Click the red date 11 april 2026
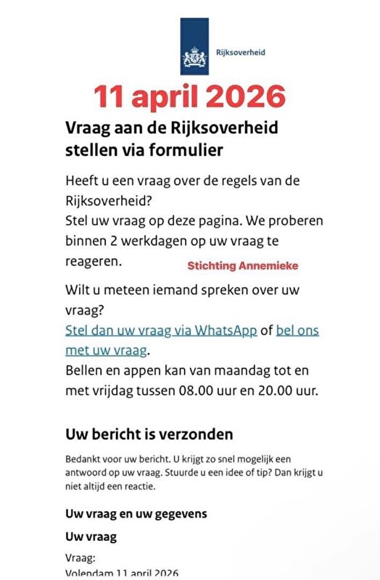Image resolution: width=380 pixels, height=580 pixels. (189, 96)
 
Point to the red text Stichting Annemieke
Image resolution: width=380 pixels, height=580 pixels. (242, 266)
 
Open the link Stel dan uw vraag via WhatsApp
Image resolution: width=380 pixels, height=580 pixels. (161, 331)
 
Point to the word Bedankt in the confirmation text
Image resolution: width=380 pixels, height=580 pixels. (81, 459)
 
